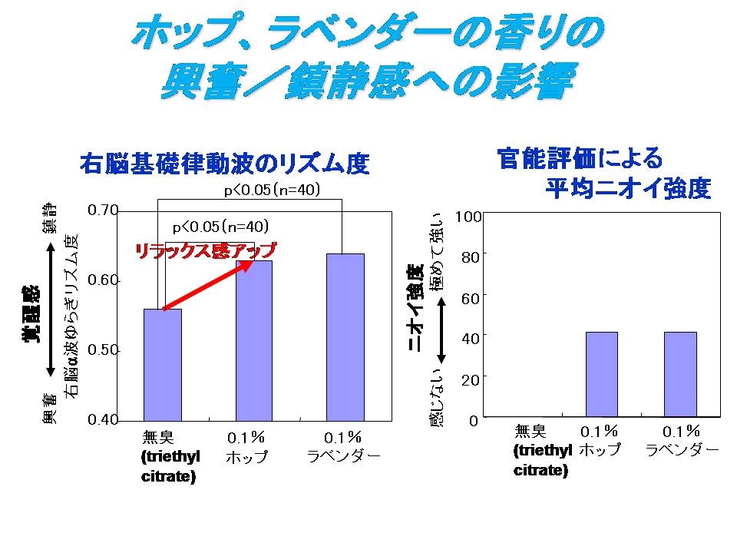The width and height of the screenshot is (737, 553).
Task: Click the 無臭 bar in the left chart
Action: coord(163,364)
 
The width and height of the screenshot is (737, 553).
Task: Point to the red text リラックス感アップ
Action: coord(205,250)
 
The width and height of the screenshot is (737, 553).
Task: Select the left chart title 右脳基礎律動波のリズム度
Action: coord(225,164)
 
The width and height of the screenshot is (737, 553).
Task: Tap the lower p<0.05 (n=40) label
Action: coord(220,227)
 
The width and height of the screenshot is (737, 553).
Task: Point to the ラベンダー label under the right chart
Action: coord(682,449)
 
